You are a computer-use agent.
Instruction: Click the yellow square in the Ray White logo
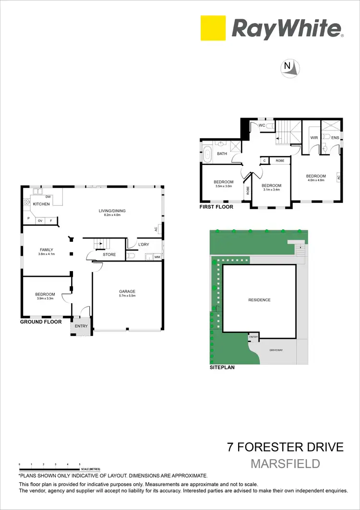click(213, 28)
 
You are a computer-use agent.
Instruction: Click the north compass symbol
click(291, 69)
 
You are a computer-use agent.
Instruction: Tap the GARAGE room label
click(127, 291)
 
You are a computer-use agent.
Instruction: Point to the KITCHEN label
click(41, 204)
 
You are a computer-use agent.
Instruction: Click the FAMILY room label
click(46, 249)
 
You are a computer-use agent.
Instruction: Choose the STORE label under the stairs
click(109, 254)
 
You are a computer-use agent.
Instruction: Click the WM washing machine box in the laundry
click(156, 257)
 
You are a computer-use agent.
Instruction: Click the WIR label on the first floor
click(314, 138)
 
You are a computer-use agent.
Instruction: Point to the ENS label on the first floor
click(335, 138)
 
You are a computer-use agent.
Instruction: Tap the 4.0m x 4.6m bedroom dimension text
click(316, 181)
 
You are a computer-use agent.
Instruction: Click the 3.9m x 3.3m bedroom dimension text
click(45, 299)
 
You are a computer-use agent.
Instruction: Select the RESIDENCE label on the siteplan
click(259, 300)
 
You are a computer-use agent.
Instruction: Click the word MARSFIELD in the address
click(285, 463)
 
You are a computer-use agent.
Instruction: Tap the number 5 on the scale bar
click(80, 465)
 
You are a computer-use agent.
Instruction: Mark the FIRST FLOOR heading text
click(216, 207)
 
